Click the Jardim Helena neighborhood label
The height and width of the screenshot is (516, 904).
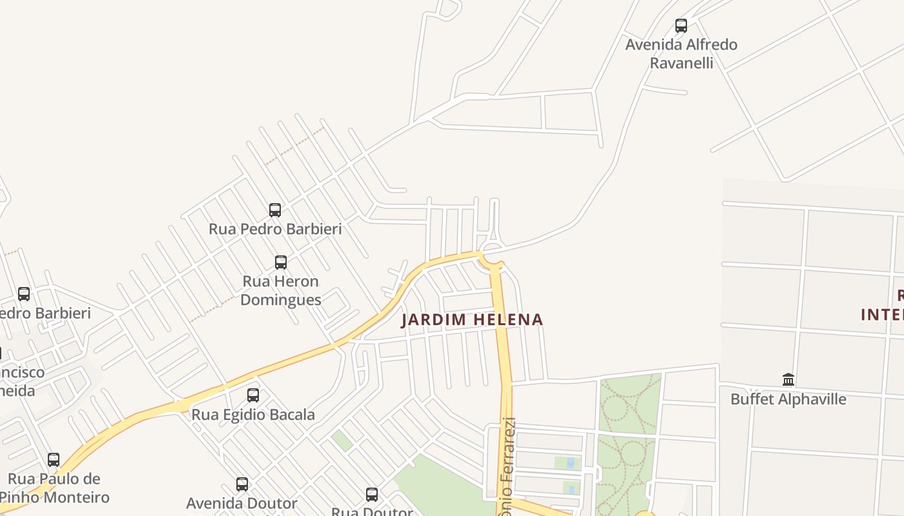(472, 319)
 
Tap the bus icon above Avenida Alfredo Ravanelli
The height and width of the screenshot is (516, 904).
(681, 26)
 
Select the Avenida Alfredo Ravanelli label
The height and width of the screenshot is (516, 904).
(681, 54)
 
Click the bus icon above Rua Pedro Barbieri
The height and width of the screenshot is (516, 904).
(275, 210)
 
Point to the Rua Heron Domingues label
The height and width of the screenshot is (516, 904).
(280, 290)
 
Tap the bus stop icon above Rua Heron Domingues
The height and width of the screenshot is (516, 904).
(281, 263)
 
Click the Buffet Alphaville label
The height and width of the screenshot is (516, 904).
(788, 399)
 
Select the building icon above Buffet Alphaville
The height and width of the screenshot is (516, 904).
(788, 379)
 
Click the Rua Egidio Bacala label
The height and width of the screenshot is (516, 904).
(253, 415)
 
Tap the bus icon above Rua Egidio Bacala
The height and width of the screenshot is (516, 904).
(253, 395)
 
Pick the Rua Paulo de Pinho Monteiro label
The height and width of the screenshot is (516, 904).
(54, 488)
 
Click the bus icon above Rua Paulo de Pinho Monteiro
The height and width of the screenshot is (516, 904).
(54, 460)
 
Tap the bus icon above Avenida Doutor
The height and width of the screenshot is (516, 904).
(242, 484)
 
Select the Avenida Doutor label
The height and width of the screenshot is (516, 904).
(242, 503)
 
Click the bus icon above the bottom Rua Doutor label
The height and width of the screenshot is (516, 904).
(372, 495)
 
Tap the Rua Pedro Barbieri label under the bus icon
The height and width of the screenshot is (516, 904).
(275, 229)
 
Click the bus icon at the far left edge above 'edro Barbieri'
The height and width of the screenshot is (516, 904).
(24, 294)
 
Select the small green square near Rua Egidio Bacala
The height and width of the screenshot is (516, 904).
(342, 441)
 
